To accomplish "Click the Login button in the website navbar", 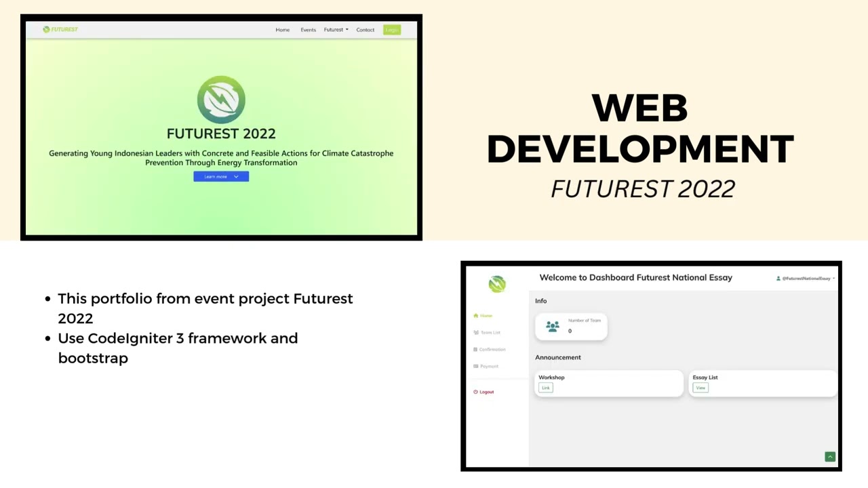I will pyautogui.click(x=391, y=30).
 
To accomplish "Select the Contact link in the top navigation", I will pyautogui.click(x=365, y=30).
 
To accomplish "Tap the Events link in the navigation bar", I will pyautogui.click(x=308, y=30).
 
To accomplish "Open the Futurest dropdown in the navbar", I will pyautogui.click(x=336, y=30).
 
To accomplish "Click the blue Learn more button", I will pyautogui.click(x=221, y=177).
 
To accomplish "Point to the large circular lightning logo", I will pyautogui.click(x=221, y=100).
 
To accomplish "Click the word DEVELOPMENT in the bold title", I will pyautogui.click(x=640, y=148).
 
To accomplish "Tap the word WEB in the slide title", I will pyautogui.click(x=640, y=108).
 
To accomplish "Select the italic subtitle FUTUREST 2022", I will pyautogui.click(x=642, y=189).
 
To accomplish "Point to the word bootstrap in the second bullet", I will pyautogui.click(x=93, y=358).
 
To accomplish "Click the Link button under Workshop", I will pyautogui.click(x=546, y=388).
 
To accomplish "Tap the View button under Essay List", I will pyautogui.click(x=701, y=388).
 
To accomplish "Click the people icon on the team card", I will pyautogui.click(x=553, y=327).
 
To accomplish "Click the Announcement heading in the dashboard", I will pyautogui.click(x=558, y=357).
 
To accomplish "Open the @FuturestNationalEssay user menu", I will pyautogui.click(x=806, y=279).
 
